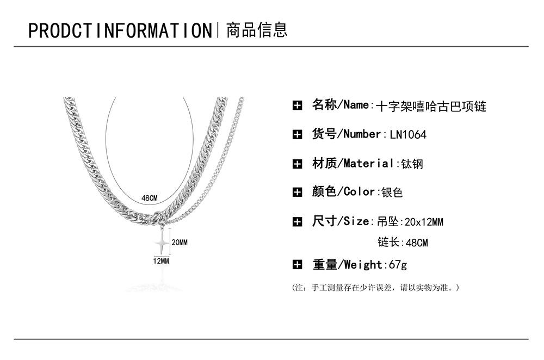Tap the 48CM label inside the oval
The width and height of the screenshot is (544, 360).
tap(149, 198)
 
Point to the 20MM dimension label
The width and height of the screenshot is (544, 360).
tap(180, 242)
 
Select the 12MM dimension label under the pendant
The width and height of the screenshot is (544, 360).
tap(161, 262)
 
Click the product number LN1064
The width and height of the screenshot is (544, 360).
tap(408, 135)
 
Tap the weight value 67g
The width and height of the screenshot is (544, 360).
tap(395, 265)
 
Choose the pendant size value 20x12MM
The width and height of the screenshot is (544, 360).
tap(425, 222)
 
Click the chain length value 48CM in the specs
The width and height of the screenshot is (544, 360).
tap(417, 243)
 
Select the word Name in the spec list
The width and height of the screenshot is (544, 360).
tap(357, 105)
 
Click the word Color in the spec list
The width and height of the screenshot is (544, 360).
tap(359, 192)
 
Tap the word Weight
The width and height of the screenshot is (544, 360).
tap(363, 265)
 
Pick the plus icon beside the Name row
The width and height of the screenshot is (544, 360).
tap(297, 105)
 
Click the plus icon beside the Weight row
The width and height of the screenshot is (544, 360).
tap(297, 265)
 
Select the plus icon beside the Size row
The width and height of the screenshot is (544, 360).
tap(297, 221)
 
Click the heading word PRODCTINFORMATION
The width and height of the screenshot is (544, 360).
tap(120, 30)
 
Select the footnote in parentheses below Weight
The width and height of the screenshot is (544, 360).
tap(376, 287)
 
